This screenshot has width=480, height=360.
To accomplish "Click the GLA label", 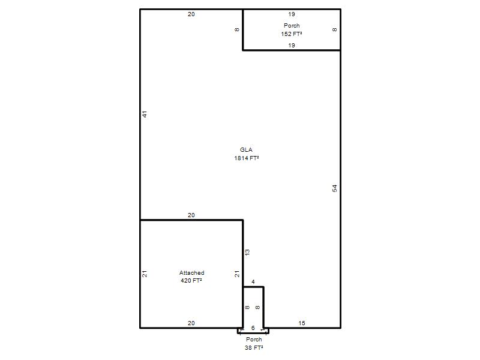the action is pyautogui.click(x=246, y=149).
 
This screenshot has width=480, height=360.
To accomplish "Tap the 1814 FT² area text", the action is pyautogui.click(x=247, y=158).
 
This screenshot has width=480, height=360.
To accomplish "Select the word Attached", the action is pyautogui.click(x=191, y=272).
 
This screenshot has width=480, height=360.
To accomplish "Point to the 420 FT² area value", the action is pyautogui.click(x=191, y=280).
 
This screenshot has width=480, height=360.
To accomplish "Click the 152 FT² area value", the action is pyautogui.click(x=292, y=34).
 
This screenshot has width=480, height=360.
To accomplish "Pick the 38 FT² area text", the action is pyautogui.click(x=254, y=347).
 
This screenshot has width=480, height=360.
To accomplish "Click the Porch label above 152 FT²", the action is pyautogui.click(x=292, y=25).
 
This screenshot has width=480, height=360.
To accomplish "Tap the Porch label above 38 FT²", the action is pyautogui.click(x=254, y=339).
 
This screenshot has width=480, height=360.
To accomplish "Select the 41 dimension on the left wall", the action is pyautogui.click(x=145, y=114).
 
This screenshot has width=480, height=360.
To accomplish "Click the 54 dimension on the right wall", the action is pyautogui.click(x=335, y=188).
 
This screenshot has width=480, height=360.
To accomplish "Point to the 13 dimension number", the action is pyautogui.click(x=247, y=252).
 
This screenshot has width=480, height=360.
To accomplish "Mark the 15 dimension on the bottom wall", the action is pyautogui.click(x=302, y=323).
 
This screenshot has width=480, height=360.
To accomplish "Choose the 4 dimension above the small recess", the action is pyautogui.click(x=253, y=281).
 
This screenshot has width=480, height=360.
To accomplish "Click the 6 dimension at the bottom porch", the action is pyautogui.click(x=253, y=328).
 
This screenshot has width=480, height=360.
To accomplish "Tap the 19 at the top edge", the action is pyautogui.click(x=292, y=14).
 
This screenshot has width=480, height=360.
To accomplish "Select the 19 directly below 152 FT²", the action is pyautogui.click(x=292, y=46).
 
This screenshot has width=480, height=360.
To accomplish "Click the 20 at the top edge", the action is pyautogui.click(x=191, y=14).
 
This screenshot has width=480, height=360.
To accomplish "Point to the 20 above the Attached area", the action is pyautogui.click(x=191, y=215).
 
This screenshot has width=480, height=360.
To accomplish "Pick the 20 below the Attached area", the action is pyautogui.click(x=191, y=323).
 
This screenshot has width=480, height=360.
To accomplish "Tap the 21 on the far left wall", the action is pyautogui.click(x=145, y=274).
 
